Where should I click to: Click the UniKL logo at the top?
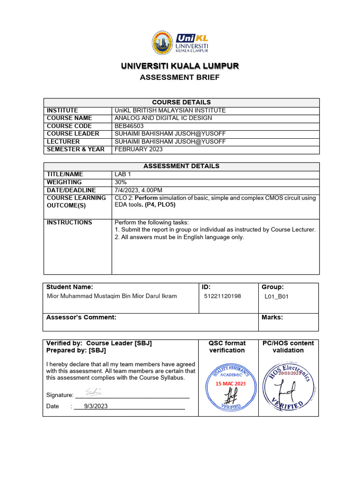pyautogui.click(x=180, y=43)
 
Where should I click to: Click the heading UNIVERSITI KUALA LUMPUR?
pyautogui.click(x=180, y=66)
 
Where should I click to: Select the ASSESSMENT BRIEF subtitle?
pyautogui.click(x=180, y=77)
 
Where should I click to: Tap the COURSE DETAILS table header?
pyautogui.click(x=181, y=102)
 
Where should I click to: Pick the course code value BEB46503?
pyautogui.click(x=129, y=126)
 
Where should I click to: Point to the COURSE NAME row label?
pyautogui.click(x=69, y=118)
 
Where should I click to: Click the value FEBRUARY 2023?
pyautogui.click(x=139, y=150)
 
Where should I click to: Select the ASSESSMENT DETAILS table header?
pyautogui.click(x=181, y=166)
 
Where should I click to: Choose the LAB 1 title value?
pyautogui.click(x=122, y=174)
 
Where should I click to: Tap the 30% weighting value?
pyautogui.click(x=120, y=182)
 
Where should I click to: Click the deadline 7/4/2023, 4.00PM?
pyautogui.click(x=138, y=190)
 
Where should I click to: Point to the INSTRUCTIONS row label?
pyautogui.click(x=69, y=222)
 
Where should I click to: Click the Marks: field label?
pyautogui.click(x=272, y=317)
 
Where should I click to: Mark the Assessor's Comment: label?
pyautogui.click(x=81, y=317)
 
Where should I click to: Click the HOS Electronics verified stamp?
pyautogui.click(x=288, y=385)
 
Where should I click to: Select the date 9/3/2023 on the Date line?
pyautogui.click(x=96, y=406)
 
